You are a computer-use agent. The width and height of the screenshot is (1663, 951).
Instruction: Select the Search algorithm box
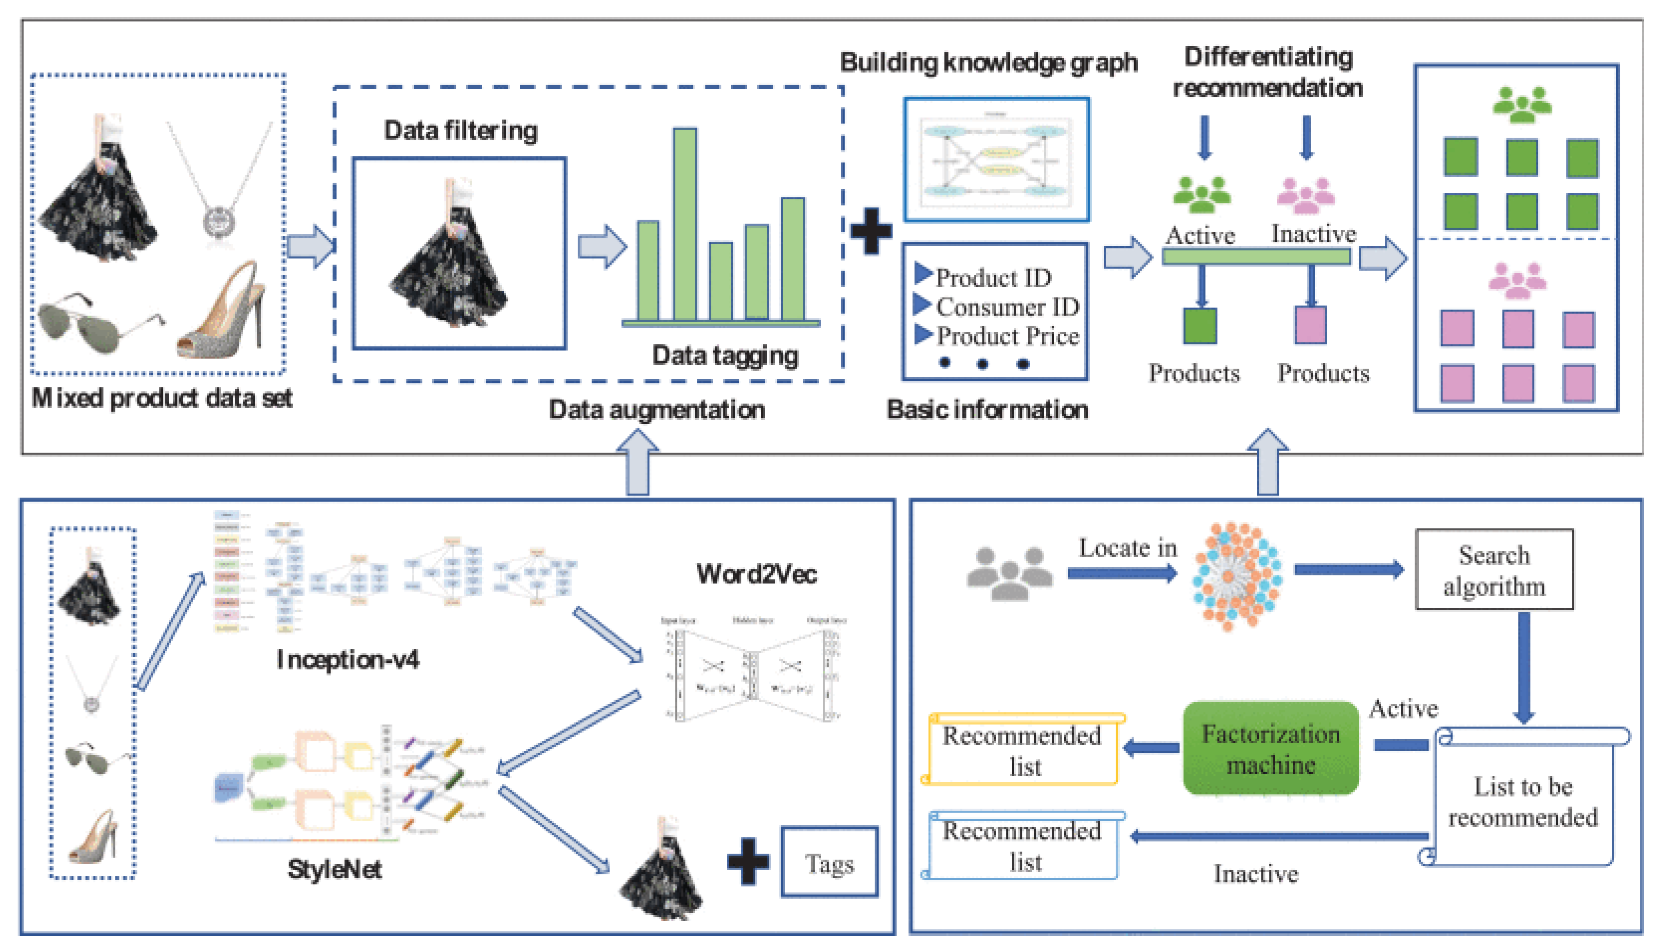pos(1494,570)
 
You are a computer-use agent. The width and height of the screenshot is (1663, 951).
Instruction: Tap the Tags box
pos(829,863)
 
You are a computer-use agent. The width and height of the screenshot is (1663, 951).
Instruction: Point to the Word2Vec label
pos(756,573)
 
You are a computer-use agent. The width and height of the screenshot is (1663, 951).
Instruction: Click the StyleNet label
pos(334,869)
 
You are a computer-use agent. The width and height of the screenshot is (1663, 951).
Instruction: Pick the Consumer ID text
pos(1007,307)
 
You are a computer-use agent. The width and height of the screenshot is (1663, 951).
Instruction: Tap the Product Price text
pos(1008,337)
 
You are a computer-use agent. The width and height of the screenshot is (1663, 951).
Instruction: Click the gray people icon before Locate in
pos(1010,573)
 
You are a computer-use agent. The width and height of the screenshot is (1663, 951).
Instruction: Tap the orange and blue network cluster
pos(1235,576)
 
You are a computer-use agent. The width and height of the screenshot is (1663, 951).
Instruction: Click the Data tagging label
pos(725,355)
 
